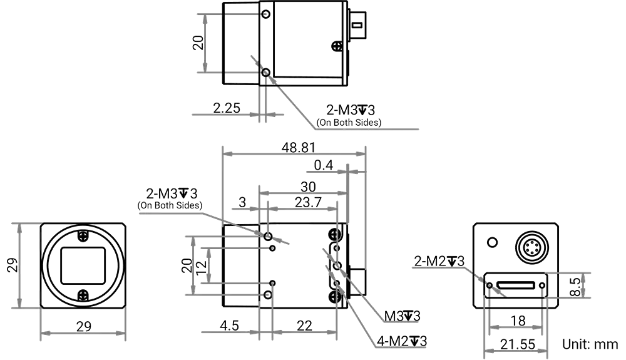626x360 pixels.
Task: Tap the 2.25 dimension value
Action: point(226,108)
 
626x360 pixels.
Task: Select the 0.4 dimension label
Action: point(324,165)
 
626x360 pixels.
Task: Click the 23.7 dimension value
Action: point(308,202)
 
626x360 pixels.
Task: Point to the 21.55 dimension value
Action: point(516,344)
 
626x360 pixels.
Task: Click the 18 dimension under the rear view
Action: point(518,321)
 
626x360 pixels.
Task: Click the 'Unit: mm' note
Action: point(590,344)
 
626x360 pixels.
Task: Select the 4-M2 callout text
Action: point(401,341)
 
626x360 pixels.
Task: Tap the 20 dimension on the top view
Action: point(198,43)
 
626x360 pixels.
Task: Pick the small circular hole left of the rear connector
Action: point(493,242)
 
